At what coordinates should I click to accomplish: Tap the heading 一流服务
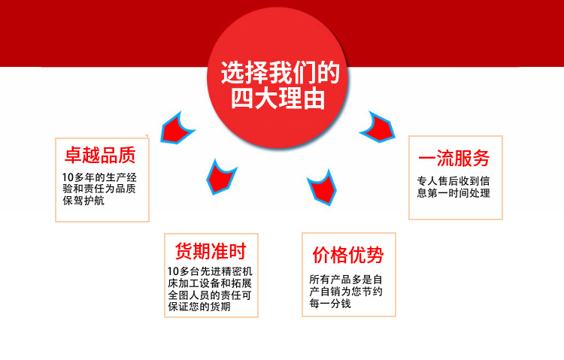click(x=454, y=158)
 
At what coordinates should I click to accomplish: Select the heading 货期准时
click(x=211, y=251)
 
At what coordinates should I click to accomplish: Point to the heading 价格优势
click(x=348, y=255)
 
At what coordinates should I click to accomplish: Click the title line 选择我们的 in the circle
click(x=280, y=74)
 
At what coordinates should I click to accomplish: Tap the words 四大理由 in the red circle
click(x=280, y=99)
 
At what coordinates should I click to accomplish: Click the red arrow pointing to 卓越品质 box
click(x=177, y=128)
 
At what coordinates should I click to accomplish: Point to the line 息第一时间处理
click(x=453, y=193)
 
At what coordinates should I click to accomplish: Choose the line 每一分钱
click(x=331, y=304)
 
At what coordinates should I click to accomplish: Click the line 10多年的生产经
click(x=99, y=178)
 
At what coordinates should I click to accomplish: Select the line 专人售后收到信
click(x=453, y=181)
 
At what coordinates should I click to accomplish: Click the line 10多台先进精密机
click(x=211, y=271)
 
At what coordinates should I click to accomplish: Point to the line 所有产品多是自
click(x=347, y=279)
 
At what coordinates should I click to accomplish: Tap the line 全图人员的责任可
click(x=211, y=295)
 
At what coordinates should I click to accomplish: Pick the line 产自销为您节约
click(x=347, y=292)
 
